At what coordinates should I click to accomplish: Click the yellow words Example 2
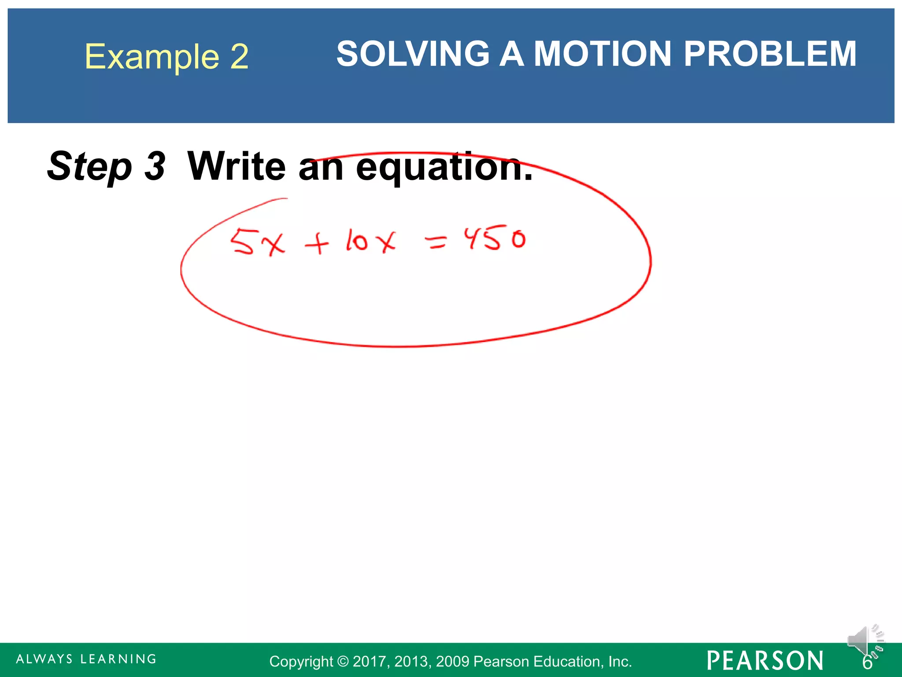coord(166,56)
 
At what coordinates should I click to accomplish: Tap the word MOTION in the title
coord(603,54)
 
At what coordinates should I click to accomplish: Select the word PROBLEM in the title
coord(770,54)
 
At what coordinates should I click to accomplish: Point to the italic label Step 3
coord(106,167)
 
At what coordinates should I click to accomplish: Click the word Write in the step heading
coord(237,166)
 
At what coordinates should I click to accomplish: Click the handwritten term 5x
coord(258,242)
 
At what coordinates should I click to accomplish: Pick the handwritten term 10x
coord(370,241)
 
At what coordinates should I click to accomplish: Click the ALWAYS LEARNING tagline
coord(86,659)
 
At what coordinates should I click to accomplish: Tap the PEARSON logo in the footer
coord(765,661)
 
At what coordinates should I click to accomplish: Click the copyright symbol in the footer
coord(343,662)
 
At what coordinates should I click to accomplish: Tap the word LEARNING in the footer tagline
coord(118,659)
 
